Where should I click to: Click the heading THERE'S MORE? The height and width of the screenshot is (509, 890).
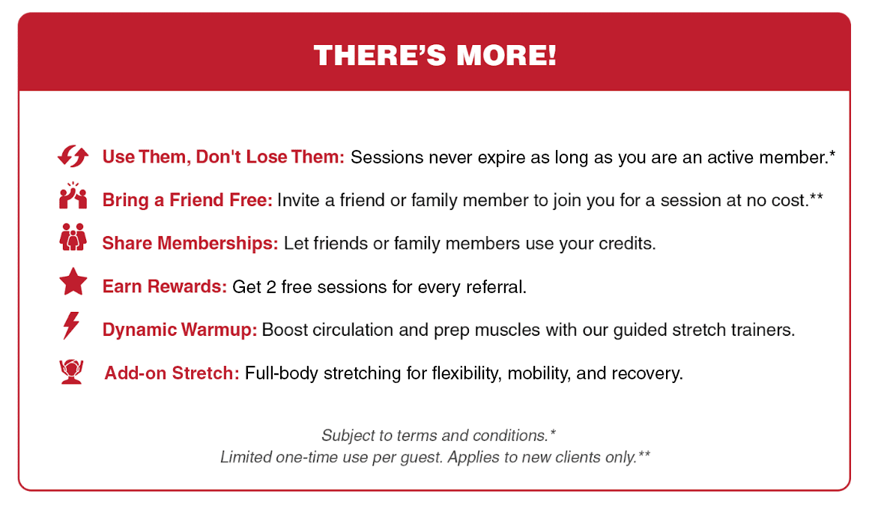tap(435, 55)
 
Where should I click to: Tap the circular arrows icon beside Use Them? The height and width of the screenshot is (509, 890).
tap(73, 156)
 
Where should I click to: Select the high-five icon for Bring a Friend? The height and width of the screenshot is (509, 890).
tap(73, 196)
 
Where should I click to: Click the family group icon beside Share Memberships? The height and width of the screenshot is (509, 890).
tap(73, 237)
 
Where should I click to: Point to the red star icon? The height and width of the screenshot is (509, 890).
tap(73, 282)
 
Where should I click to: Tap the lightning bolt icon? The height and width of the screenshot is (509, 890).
tap(71, 325)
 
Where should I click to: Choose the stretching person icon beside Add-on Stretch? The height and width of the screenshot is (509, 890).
tap(71, 372)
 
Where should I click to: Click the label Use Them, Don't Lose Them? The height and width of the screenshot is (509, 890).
tap(223, 157)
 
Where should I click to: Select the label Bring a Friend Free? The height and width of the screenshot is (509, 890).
tap(187, 200)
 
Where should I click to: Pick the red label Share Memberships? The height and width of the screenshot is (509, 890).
tap(190, 244)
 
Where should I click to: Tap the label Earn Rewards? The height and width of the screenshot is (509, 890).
tap(165, 286)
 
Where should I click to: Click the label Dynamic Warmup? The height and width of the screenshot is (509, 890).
tap(179, 330)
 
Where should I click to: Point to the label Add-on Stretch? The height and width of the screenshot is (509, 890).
tap(172, 373)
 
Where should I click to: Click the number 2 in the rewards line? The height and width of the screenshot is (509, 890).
tap(271, 287)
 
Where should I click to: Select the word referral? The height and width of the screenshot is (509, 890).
tap(496, 287)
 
